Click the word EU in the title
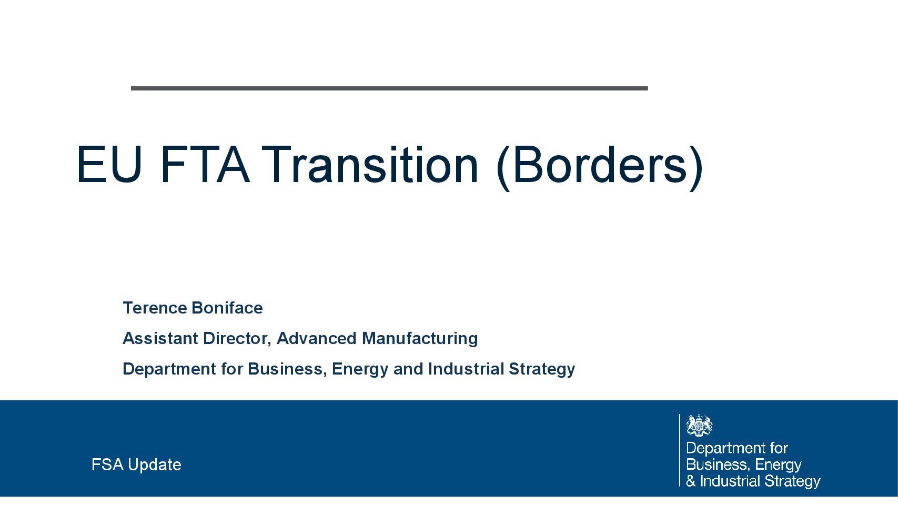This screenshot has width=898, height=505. point(109,165)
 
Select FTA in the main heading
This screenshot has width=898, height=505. point(205,165)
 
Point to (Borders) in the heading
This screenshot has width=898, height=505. point(600,167)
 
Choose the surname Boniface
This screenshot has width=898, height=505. point(227,308)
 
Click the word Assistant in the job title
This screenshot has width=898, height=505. point(160,338)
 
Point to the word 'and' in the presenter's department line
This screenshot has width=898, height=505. point(408,369)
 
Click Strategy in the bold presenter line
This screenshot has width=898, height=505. point(542,369)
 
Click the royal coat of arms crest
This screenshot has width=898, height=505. point(699,425)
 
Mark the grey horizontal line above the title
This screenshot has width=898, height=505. point(389,88)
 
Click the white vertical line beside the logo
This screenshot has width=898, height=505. point(680,450)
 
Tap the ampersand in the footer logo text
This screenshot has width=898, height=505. point(691,481)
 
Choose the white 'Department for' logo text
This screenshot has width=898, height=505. point(737,449)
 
